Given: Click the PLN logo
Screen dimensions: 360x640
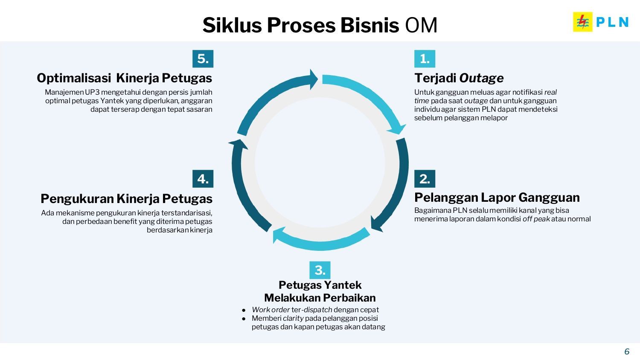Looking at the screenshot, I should [x=601, y=22].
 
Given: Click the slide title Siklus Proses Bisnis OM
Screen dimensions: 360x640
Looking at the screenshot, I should [x=320, y=25].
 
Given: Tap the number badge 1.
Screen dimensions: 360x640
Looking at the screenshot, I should [x=425, y=59].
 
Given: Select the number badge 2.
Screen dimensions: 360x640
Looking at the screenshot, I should [x=425, y=179].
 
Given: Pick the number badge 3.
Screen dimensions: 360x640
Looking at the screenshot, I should [x=320, y=270].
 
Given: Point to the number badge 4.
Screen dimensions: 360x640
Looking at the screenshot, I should [x=203, y=179].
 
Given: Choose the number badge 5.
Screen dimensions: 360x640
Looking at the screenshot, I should [x=203, y=59].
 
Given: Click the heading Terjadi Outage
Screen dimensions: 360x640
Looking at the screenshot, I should [x=459, y=78].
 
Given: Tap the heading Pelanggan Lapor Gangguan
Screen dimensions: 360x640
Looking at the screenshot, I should [x=497, y=197].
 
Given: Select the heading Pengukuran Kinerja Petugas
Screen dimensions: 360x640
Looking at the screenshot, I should [x=126, y=199].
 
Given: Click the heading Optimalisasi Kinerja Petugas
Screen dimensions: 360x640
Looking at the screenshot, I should [x=124, y=78].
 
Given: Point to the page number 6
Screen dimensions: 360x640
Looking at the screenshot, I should [x=627, y=351].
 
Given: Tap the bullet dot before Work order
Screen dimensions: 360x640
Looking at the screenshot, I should [x=244, y=310].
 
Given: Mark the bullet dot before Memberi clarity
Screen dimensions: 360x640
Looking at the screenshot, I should [x=244, y=319].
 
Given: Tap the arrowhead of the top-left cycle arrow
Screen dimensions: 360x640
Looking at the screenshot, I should [x=314, y=79].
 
